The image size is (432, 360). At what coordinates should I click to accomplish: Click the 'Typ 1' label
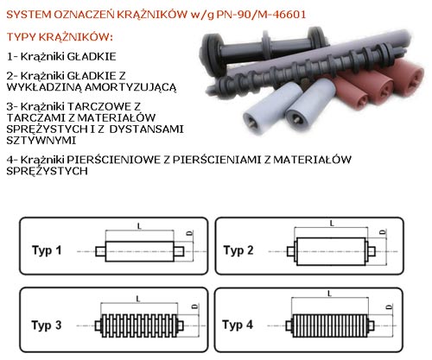pos(47,250)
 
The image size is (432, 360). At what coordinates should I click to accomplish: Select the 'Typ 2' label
pos(238,250)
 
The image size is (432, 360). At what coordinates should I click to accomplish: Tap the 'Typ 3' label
pos(47,325)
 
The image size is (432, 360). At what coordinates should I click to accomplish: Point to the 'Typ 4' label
pos(238,325)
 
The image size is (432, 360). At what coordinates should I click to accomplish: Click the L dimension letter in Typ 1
pos(140,226)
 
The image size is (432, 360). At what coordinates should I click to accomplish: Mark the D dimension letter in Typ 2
pos(383,232)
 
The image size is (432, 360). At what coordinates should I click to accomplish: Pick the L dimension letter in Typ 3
pos(138,300)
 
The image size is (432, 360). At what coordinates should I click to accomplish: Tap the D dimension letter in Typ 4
pos(390,307)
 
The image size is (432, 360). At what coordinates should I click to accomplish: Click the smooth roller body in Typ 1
pos(140,251)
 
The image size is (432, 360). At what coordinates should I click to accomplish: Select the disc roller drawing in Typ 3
pos(139,325)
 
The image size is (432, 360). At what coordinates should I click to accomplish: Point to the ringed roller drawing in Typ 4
pos(330,325)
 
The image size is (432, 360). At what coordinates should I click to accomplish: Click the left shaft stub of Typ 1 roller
pos(100,251)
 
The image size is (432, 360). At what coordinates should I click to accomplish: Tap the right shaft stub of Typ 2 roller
pos(372,251)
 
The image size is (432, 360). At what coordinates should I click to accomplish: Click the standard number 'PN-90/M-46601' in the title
pos(261,15)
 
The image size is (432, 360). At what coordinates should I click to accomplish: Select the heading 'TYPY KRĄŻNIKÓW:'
pos(60,37)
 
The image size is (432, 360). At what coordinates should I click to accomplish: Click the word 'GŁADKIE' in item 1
pos(92,56)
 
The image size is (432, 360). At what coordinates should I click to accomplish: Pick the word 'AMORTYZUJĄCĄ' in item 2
pos(130,87)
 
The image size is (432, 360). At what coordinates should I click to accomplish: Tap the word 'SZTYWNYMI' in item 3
pos(41,141)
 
